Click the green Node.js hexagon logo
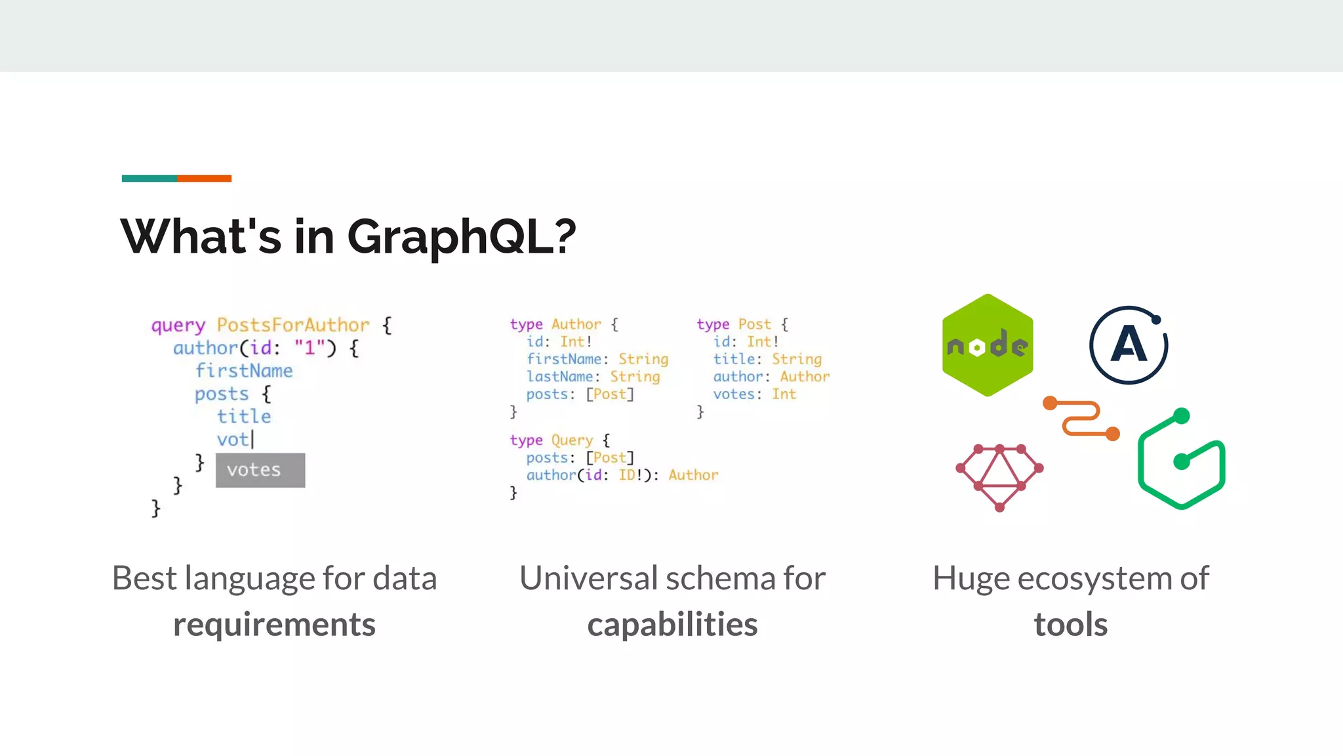click(x=988, y=345)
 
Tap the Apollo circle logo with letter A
click(x=1129, y=345)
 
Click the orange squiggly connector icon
click(x=1081, y=418)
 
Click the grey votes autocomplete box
click(x=260, y=470)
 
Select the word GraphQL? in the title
click(x=461, y=237)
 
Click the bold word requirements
click(x=274, y=624)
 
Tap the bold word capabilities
click(x=672, y=624)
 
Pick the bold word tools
click(x=1071, y=624)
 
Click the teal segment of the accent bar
click(x=149, y=178)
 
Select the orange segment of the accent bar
click(x=204, y=178)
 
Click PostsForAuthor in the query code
click(x=293, y=325)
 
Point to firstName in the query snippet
click(x=244, y=371)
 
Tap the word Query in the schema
click(x=572, y=440)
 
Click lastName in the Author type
click(x=559, y=377)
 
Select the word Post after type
click(x=755, y=324)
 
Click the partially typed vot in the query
click(x=233, y=439)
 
